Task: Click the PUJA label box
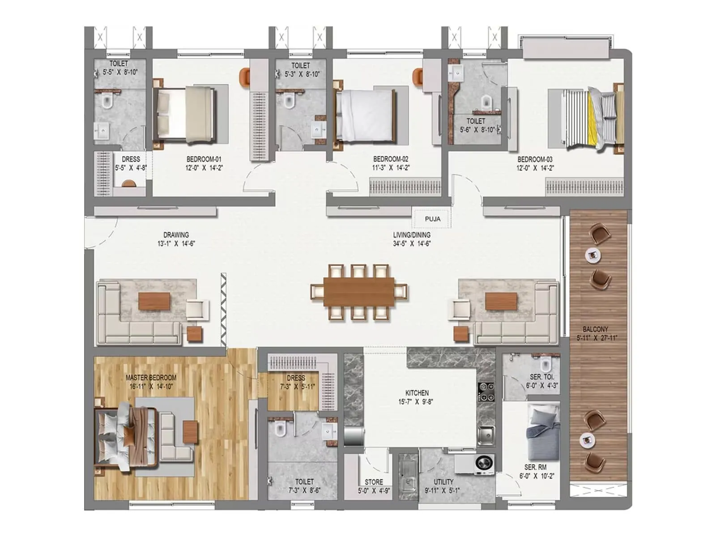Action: click(x=432, y=219)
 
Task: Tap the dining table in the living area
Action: click(x=359, y=292)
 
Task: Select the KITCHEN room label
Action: click(x=417, y=392)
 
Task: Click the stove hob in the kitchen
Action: click(x=486, y=392)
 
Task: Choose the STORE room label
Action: click(x=374, y=482)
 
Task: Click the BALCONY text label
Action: click(x=595, y=329)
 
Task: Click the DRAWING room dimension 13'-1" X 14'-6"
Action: click(x=176, y=244)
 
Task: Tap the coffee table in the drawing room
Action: click(x=154, y=301)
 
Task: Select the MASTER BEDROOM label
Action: click(x=151, y=377)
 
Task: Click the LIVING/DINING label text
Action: click(x=412, y=234)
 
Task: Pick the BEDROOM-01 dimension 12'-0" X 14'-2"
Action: click(x=204, y=168)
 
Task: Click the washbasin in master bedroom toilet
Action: click(x=329, y=432)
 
